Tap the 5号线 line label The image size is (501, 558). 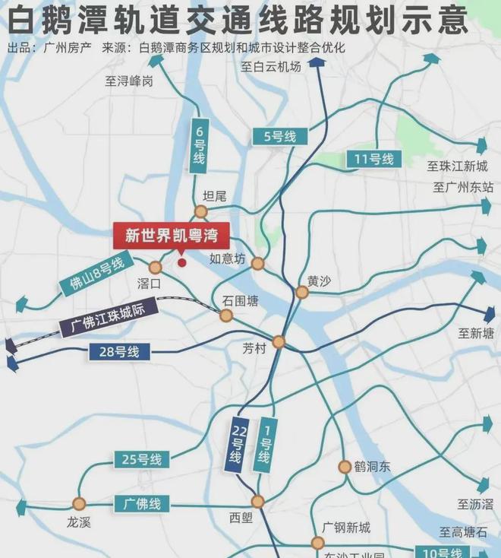[x=279, y=137]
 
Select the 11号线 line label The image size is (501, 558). [x=373, y=159]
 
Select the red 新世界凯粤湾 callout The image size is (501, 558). [x=171, y=236]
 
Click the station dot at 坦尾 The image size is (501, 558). [x=200, y=211]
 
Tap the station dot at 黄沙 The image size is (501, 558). [x=302, y=292]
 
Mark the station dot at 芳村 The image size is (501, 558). [x=279, y=342]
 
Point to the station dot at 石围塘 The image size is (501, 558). [x=226, y=315]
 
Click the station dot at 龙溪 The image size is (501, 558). [x=79, y=503]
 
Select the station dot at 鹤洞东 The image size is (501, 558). [x=345, y=467]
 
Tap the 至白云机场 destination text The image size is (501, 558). [x=271, y=66]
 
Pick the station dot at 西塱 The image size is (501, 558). [x=257, y=502]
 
